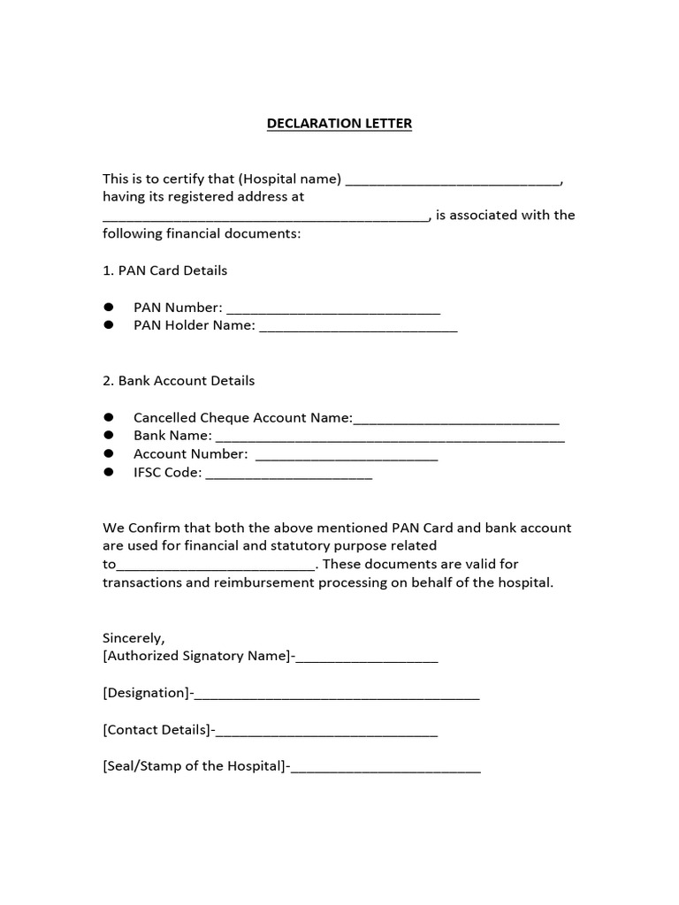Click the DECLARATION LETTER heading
click(339, 124)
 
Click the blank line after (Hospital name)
click(452, 180)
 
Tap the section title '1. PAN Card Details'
click(164, 270)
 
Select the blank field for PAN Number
click(333, 309)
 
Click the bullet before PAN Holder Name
click(110, 325)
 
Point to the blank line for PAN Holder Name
click(358, 327)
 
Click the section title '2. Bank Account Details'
click(179, 381)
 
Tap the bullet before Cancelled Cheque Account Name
click(110, 417)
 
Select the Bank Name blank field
click(390, 437)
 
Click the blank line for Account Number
click(347, 456)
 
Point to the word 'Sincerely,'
click(134, 638)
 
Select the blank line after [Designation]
click(337, 695)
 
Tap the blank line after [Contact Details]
click(326, 732)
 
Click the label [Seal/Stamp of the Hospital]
click(194, 766)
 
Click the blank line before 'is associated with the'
click(265, 217)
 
